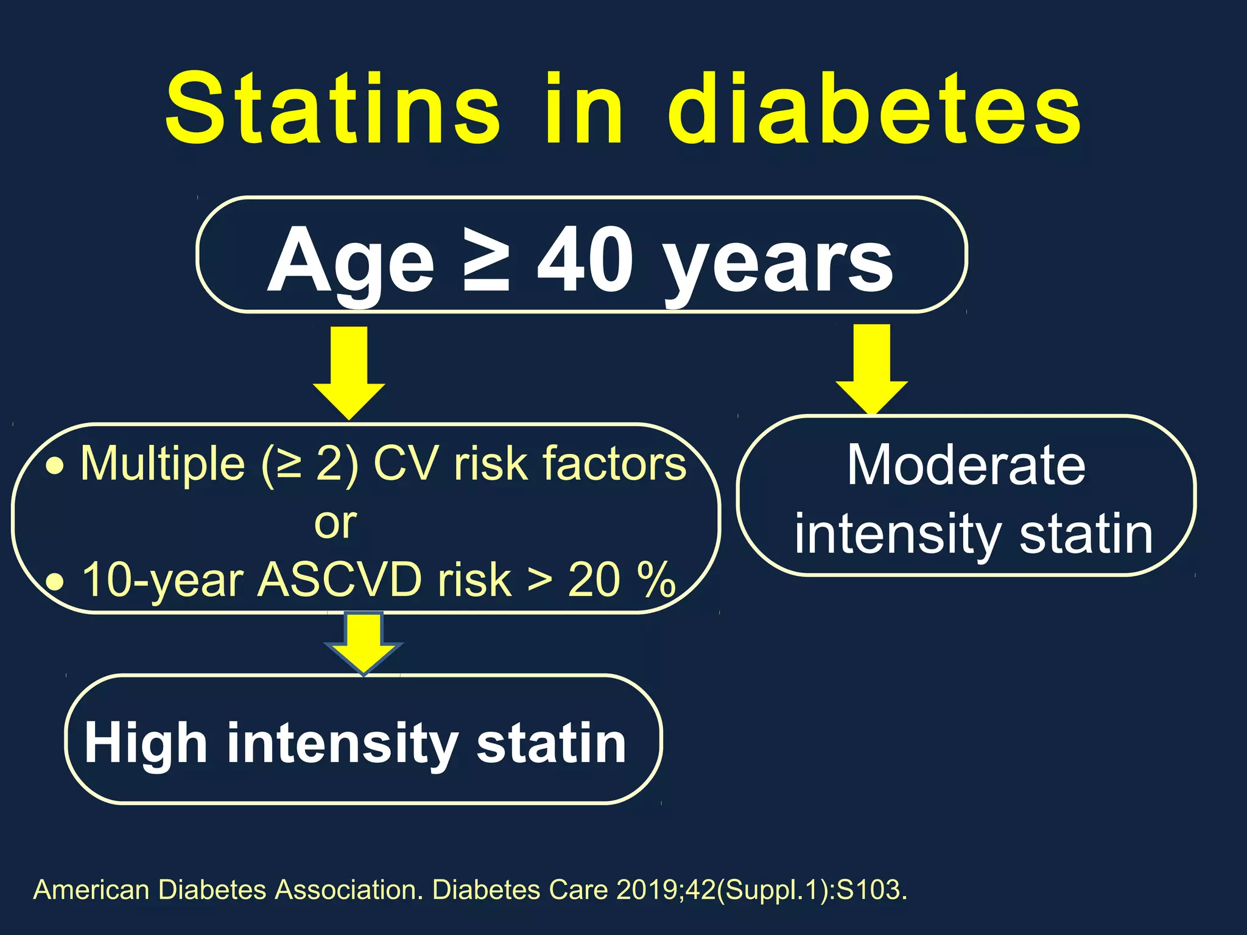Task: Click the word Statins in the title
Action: (332, 110)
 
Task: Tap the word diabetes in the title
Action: (874, 110)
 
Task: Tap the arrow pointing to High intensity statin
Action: (364, 642)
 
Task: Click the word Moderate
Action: (966, 466)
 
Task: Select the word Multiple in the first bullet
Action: (163, 464)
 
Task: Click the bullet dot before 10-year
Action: (55, 582)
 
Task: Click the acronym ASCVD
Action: (339, 580)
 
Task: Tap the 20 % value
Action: (621, 580)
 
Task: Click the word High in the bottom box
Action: (146, 743)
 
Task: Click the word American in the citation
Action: (91, 890)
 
